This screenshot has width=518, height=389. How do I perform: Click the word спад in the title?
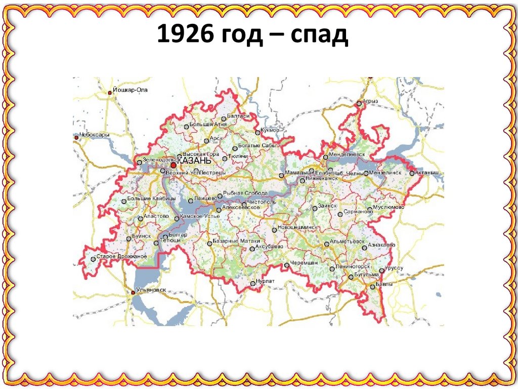(323, 36)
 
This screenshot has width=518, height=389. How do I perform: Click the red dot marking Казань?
(174, 165)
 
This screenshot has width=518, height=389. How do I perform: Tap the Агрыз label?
(371, 101)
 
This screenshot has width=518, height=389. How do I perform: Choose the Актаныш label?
(429, 173)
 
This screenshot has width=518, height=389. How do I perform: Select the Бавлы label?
(384, 285)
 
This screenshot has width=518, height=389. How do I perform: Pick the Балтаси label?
(239, 116)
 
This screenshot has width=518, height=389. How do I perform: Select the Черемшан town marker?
(286, 265)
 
